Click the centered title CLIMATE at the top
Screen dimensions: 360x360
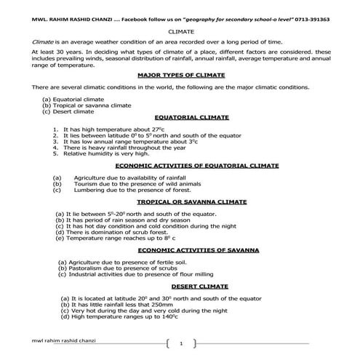pos(180,32)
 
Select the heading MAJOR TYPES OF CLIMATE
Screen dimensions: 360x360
pos(180,75)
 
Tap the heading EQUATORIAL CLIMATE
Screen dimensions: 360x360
pos(192,116)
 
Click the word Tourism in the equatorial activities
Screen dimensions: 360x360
pos(87,183)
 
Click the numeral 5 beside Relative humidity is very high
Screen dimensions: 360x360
pos(56,153)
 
